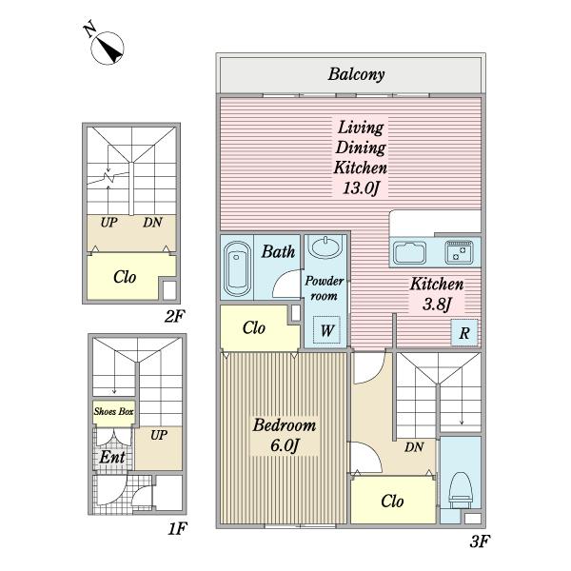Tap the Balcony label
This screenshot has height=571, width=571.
click(356, 74)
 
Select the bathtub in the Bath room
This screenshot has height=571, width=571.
click(237, 267)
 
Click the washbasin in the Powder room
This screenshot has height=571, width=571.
click(325, 246)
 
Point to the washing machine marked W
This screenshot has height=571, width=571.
click(326, 330)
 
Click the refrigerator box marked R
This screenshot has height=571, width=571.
click(464, 332)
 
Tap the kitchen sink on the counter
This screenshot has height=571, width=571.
click(409, 252)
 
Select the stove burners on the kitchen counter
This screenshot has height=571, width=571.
click(459, 252)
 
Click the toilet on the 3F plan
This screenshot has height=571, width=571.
click(461, 490)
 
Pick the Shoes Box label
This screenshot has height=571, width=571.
click(113, 411)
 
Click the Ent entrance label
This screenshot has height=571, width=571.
click(112, 457)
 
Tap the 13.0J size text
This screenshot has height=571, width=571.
click(361, 187)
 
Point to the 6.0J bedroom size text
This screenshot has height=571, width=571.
click(285, 445)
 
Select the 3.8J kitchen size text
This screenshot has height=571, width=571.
click(438, 304)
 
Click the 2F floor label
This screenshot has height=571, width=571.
click(175, 316)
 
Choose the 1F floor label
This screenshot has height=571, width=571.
click(177, 529)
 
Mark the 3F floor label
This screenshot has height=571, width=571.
click(480, 541)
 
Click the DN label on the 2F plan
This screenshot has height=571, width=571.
click(152, 223)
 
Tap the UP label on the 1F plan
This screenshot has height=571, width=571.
click(159, 435)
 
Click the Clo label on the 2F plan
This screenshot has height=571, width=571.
click(125, 277)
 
